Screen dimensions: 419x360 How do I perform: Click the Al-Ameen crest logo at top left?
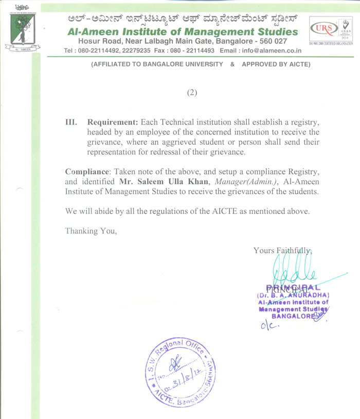point(19,29)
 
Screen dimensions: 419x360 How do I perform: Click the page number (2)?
point(191,93)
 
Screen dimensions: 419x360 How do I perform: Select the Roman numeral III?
point(71,123)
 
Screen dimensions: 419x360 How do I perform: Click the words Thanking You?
point(92,231)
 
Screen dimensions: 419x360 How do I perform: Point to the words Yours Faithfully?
point(283,251)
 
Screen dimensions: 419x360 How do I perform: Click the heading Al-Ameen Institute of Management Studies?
point(183,32)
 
